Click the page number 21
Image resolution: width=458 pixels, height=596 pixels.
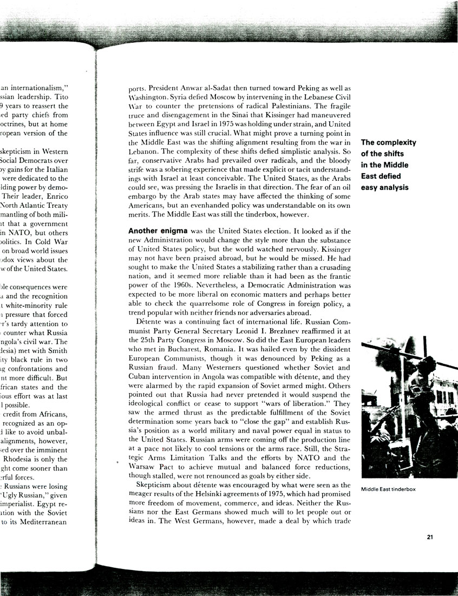(x=429, y=537)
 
